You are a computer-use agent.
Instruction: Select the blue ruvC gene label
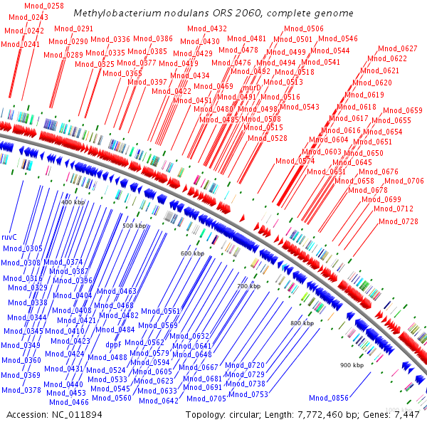10,236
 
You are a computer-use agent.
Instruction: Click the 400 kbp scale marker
74,203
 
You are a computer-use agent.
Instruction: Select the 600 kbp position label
192,253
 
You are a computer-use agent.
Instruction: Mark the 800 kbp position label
302,323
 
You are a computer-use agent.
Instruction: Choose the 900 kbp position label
352,365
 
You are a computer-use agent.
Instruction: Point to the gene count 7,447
406,414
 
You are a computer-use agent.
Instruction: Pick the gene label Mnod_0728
399,221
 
